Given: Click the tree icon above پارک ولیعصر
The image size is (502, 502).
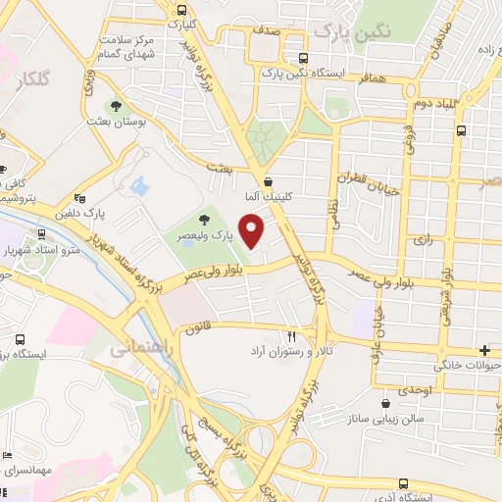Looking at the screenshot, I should click(204, 221).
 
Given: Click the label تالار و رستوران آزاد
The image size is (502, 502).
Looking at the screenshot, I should click(290, 350).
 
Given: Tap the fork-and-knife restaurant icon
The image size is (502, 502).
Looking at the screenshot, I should click(291, 334).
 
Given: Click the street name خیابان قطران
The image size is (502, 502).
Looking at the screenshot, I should click(369, 183).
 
